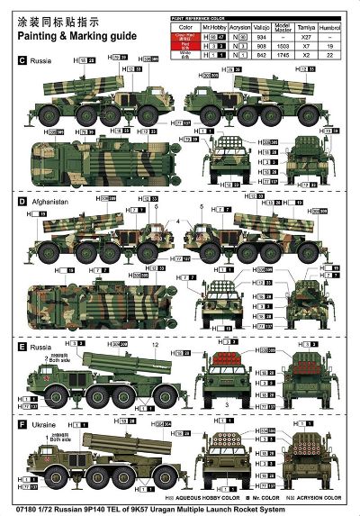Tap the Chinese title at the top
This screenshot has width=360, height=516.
pos(57,22)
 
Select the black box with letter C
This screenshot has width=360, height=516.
pos(22,61)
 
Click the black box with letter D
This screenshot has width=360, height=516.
pos(22,203)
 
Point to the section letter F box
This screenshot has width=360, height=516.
pos(22,423)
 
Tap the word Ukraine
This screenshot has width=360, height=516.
pos(42,423)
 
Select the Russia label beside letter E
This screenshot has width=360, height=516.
pos(41,346)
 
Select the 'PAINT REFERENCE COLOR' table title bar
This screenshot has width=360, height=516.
pos(202,17)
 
